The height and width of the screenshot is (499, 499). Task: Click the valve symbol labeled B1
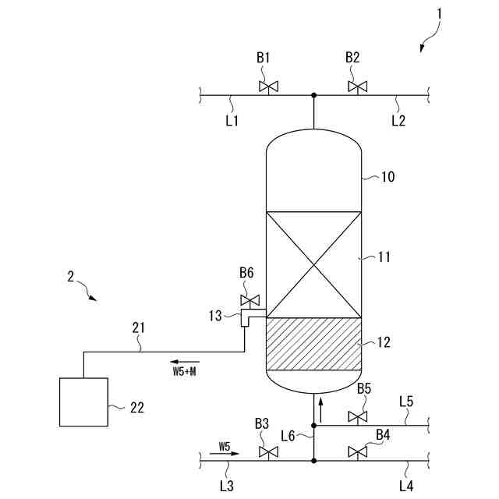coord(267,85)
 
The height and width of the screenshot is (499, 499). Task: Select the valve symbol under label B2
coord(358,85)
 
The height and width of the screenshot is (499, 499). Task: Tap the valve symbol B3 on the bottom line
coord(267,452)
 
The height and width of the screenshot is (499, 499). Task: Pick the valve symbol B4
coord(358,451)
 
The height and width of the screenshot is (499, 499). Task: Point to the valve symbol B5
coord(358,416)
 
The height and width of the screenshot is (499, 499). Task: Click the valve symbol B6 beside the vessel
coord(250,300)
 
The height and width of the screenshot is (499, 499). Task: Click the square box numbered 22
coord(84,402)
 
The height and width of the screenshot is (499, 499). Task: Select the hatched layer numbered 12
coord(314,344)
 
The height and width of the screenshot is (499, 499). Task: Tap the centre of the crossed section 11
coord(314,264)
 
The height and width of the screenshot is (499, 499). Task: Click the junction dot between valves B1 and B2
coord(314,95)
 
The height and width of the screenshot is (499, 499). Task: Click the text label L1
coord(232,120)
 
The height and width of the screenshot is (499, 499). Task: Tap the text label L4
coord(406,486)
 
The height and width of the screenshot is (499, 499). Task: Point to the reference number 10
coord(387,177)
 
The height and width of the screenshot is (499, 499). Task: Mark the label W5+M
coord(185,372)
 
